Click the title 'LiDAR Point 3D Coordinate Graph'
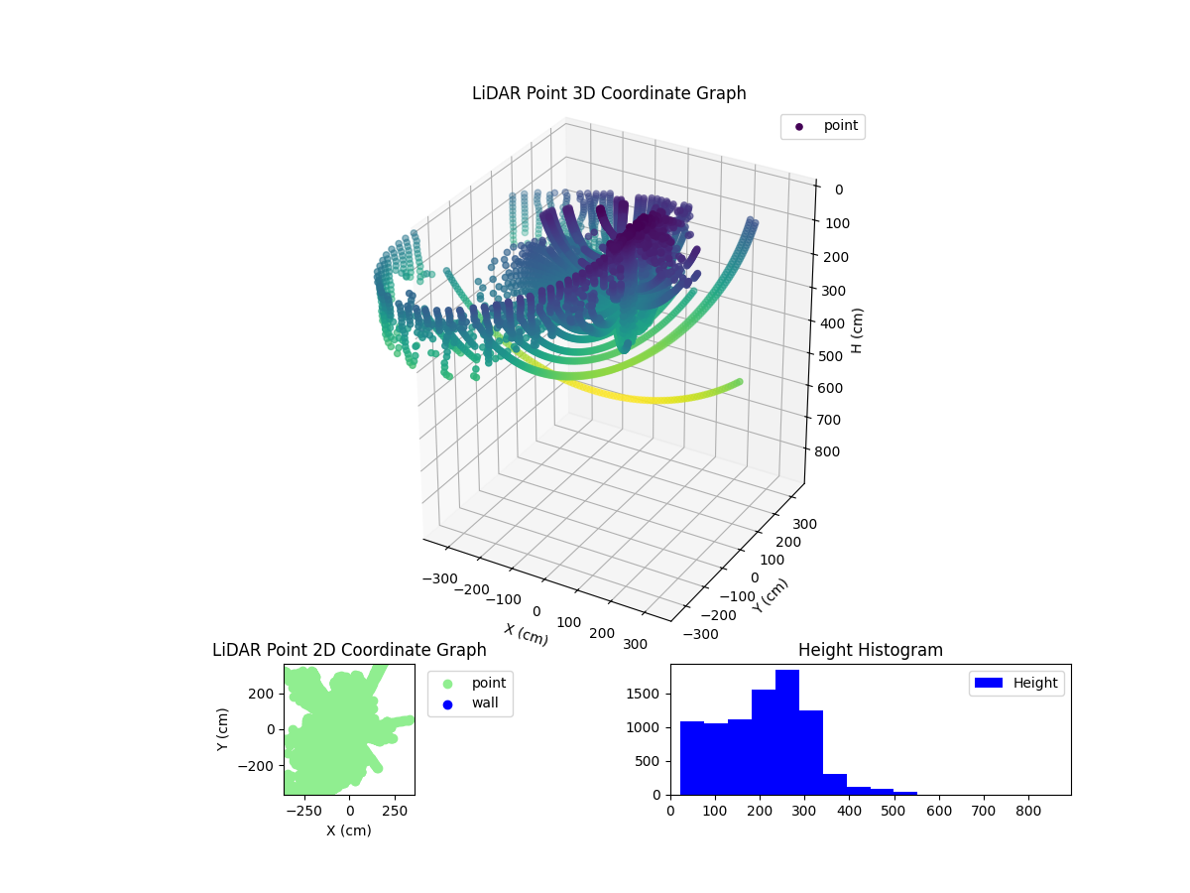(x=609, y=93)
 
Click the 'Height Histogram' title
(x=870, y=650)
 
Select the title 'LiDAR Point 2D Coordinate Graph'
(x=349, y=650)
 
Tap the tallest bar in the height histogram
(x=787, y=732)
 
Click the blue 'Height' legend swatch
(x=991, y=683)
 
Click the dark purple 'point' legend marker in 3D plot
(x=799, y=127)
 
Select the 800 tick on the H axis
(x=837, y=451)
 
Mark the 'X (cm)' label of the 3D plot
(x=526, y=634)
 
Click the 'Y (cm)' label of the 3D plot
(x=771, y=595)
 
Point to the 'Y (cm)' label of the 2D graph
(x=223, y=729)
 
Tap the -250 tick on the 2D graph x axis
(x=304, y=811)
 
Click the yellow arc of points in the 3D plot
(x=645, y=399)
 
